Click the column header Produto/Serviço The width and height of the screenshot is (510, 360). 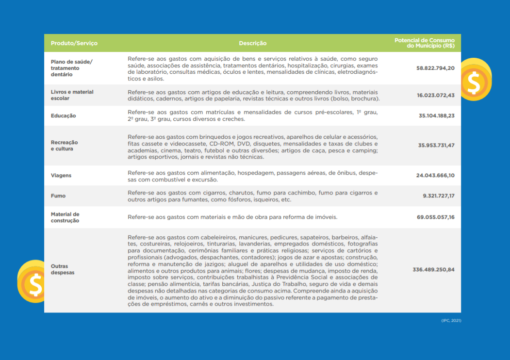74,43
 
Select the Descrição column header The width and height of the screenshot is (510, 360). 252,43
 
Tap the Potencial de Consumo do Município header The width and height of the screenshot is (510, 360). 424,43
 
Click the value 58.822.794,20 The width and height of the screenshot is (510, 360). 435,68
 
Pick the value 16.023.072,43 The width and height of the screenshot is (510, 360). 435,95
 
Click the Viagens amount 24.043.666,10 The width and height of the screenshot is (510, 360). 435,175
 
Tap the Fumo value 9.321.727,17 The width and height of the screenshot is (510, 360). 438,196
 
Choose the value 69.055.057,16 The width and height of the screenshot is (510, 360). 435,217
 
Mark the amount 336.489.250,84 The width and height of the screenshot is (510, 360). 433,269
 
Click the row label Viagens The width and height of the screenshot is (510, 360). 61,175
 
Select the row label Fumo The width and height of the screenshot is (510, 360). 58,196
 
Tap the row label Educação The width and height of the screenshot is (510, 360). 63,116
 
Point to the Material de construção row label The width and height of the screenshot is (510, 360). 65,217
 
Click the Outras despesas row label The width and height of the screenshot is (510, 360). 63,269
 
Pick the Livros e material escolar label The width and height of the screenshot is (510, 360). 72,95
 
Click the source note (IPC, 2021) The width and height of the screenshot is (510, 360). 451,321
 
